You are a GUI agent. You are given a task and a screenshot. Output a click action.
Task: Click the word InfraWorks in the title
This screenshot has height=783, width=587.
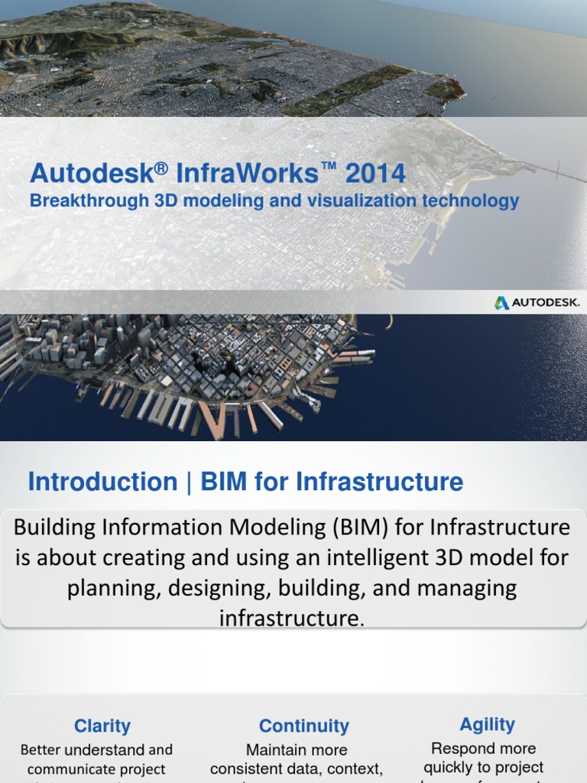point(247,174)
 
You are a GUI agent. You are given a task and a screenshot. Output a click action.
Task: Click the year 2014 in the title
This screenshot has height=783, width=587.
point(375,174)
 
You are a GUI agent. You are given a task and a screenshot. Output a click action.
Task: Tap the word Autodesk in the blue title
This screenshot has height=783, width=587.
point(92,174)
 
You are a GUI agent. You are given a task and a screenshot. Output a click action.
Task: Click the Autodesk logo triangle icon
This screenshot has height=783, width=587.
point(501,303)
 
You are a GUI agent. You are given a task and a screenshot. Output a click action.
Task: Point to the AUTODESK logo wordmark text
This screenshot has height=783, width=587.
point(546,303)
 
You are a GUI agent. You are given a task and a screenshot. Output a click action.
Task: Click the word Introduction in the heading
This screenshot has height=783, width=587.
point(102,482)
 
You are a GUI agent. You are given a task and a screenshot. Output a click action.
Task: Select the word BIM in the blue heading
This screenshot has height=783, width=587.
point(223,482)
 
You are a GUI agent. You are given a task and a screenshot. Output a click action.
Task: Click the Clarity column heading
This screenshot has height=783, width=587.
point(102,726)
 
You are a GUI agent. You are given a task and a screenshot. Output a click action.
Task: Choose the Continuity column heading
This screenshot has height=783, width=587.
point(303,726)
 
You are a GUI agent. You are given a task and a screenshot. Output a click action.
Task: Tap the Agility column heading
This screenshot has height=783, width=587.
point(487,724)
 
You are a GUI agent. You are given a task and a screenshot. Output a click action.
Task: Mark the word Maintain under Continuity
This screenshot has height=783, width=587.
point(275,750)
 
